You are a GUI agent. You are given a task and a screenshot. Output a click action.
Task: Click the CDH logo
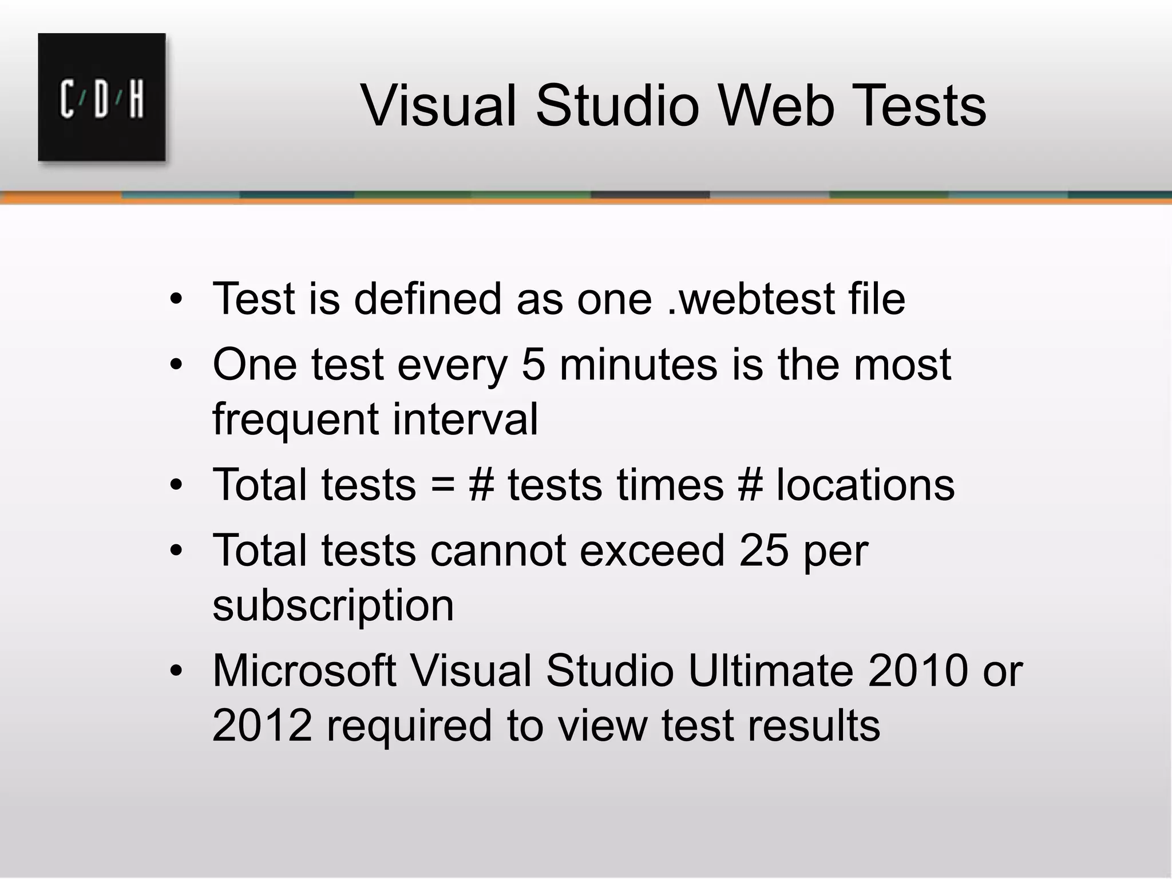(x=102, y=97)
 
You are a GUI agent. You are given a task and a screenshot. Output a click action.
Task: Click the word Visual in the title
(x=439, y=106)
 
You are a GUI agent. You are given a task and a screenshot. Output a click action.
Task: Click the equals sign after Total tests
(x=442, y=485)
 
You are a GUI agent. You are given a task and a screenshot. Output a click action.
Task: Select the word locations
(x=865, y=485)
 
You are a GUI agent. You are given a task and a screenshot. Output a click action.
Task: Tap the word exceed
(x=652, y=550)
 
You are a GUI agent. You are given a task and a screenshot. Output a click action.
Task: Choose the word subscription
(x=333, y=605)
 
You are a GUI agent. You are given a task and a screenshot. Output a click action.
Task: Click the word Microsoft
(x=304, y=670)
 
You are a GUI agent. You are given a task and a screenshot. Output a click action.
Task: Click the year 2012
(x=262, y=725)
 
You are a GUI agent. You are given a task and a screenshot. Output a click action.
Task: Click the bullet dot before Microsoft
(x=176, y=670)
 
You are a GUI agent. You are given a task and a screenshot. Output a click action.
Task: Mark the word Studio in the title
(x=617, y=106)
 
